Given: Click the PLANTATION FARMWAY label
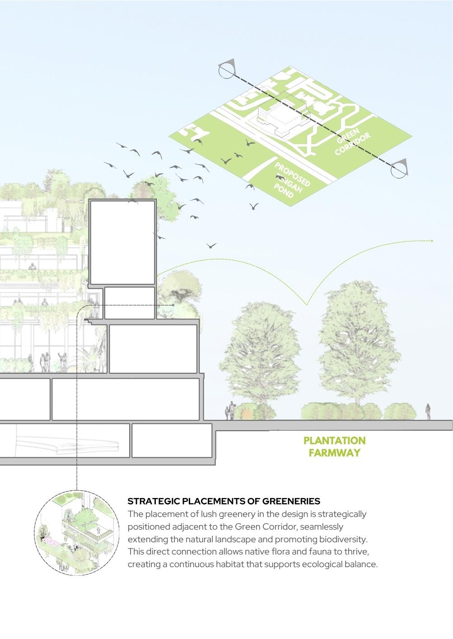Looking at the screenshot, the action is click(x=334, y=446).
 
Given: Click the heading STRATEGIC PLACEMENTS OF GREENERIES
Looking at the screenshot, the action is click(x=224, y=501).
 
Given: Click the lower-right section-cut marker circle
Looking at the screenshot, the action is click(x=398, y=169).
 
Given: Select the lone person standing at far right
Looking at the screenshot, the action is click(x=428, y=411).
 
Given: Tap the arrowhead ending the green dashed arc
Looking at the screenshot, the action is click(x=432, y=241).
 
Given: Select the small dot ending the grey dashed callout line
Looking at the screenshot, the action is click(x=173, y=305).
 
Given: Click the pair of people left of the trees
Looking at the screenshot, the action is click(x=230, y=410).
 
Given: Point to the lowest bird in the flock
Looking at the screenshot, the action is click(x=211, y=245).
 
